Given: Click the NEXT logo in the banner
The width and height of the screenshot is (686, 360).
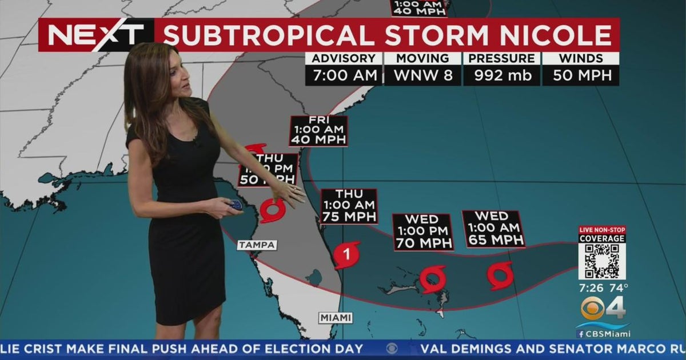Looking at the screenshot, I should coord(96,35).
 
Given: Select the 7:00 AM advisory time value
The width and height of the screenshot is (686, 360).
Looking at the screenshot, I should coord(344,75).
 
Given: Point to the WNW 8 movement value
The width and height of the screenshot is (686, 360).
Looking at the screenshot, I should coord(422,75).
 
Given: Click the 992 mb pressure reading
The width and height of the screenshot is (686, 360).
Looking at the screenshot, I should coord(501,75).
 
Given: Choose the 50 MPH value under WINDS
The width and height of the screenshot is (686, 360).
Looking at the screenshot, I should coord(580,75).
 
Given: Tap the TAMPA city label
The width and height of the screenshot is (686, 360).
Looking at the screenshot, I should coord(257,245).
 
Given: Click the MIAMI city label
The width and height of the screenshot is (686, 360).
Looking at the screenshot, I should coord(336,318).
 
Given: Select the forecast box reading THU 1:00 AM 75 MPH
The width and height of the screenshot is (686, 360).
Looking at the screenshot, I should coord(349,205).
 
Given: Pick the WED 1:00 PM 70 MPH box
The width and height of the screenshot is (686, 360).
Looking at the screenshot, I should coord(422,231).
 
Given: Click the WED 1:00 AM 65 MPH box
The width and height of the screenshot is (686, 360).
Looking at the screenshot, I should coord(493,229).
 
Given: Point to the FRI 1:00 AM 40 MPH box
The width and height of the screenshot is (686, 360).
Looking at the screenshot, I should coord(318,131).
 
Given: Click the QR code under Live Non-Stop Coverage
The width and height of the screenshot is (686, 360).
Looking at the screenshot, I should coord(602,261).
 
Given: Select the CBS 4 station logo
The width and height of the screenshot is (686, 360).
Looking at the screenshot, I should coord(603,309).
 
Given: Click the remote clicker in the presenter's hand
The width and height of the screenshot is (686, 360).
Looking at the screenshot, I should coord(235,205).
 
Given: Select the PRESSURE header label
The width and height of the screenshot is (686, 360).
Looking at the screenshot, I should coord(501,58).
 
